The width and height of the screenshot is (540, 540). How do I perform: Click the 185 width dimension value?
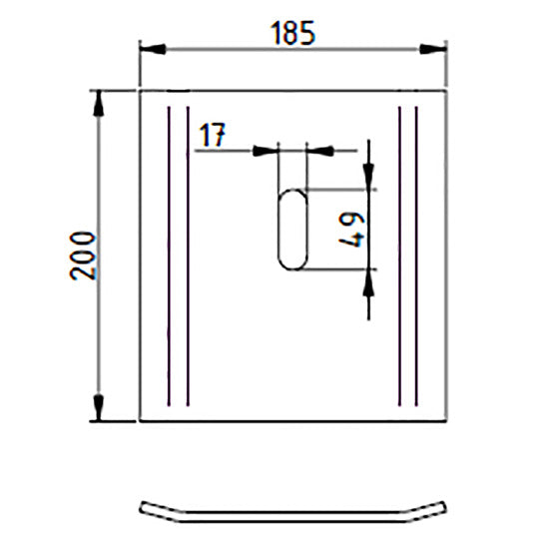(x=291, y=32)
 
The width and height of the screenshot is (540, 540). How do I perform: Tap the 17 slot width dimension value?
(x=212, y=136)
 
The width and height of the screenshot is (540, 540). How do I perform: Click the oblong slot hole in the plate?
(x=292, y=229)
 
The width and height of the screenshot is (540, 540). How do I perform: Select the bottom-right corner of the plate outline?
(x=444, y=420)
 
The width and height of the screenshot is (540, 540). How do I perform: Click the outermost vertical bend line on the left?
(x=171, y=256)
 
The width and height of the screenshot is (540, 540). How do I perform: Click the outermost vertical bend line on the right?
(x=415, y=256)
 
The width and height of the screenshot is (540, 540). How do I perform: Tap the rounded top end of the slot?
(x=292, y=193)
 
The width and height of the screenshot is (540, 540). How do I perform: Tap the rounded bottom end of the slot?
(x=292, y=265)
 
